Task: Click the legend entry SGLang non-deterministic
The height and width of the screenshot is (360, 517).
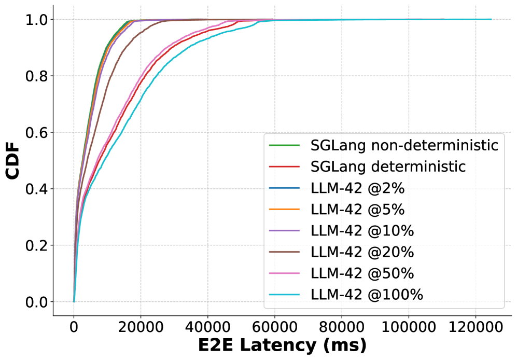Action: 404,145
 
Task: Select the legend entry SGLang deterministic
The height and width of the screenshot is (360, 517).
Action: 388,167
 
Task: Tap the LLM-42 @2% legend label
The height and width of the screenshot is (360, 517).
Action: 358,188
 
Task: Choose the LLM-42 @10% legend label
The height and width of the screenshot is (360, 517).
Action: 362,230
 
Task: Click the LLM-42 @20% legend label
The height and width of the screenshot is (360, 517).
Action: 362,252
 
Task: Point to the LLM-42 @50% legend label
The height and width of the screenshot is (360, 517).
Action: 362,273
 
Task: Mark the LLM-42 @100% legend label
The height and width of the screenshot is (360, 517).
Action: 367,295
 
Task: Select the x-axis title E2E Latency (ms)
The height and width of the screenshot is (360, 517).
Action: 282,345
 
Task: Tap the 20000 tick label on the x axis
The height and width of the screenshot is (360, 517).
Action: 141,328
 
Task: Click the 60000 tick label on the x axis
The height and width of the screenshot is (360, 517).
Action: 274,328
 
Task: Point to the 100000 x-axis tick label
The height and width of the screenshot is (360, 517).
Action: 408,328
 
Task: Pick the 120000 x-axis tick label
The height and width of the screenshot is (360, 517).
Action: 475,328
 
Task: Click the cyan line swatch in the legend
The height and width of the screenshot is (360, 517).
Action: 285,295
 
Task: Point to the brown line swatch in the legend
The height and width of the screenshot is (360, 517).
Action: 285,252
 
